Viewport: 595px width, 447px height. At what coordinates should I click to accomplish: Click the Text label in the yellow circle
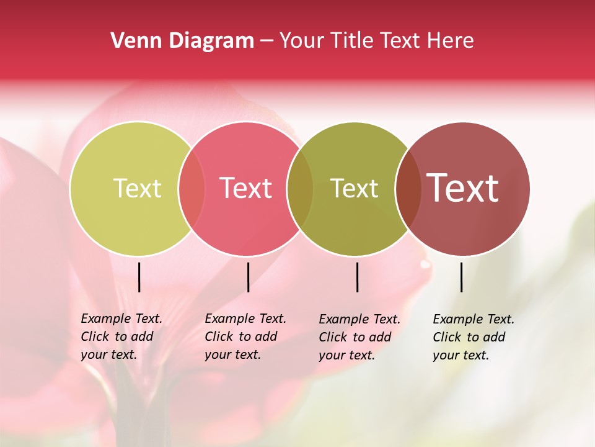pyautogui.click(x=137, y=188)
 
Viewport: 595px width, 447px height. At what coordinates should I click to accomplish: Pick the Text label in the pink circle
pyautogui.click(x=246, y=188)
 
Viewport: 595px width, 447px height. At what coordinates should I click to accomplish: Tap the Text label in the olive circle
pyautogui.click(x=355, y=188)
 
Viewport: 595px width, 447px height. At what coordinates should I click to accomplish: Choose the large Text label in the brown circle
pyautogui.click(x=463, y=188)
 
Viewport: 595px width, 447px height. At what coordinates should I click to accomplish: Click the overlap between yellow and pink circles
pyautogui.click(x=192, y=189)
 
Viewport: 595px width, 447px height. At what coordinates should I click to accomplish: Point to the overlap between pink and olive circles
pyautogui.click(x=300, y=189)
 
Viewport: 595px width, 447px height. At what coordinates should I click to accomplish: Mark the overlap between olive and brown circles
pyautogui.click(x=408, y=189)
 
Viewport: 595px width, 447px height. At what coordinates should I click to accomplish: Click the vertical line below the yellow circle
pyautogui.click(x=139, y=277)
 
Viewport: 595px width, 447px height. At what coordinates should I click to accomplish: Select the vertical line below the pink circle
pyautogui.click(x=248, y=277)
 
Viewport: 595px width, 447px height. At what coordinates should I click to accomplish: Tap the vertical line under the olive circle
pyautogui.click(x=358, y=277)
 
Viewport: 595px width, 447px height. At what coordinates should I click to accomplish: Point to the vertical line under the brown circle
pyautogui.click(x=462, y=277)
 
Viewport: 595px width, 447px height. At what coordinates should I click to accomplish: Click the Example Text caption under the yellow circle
pyautogui.click(x=121, y=336)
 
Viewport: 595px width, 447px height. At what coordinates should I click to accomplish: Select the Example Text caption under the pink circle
pyautogui.click(x=245, y=336)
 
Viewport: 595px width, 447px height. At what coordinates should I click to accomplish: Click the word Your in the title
pyautogui.click(x=302, y=40)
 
